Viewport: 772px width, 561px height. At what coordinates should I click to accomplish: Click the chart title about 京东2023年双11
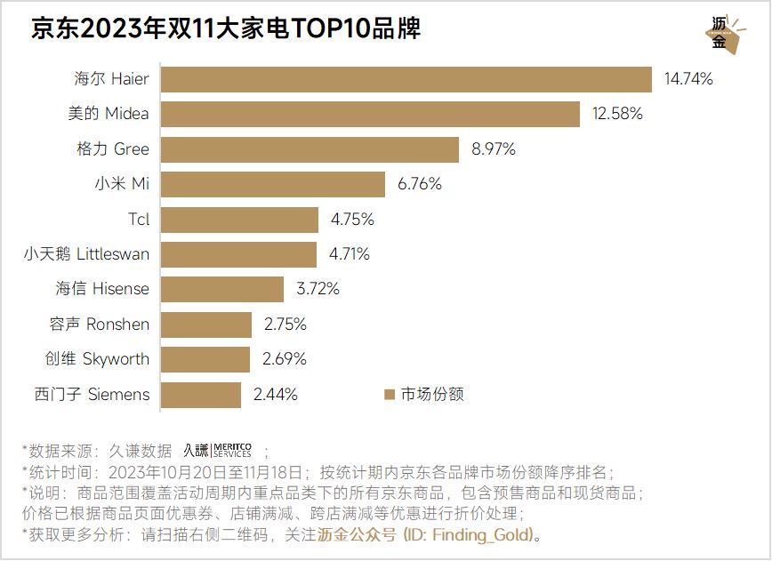pos(226,28)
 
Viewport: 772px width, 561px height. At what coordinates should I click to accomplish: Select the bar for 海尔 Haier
pos(406,79)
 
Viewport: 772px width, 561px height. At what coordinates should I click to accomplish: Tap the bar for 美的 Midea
pos(371,114)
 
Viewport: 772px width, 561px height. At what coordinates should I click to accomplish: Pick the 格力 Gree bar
pos(310,149)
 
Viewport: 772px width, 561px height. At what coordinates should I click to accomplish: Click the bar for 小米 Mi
pos(273,184)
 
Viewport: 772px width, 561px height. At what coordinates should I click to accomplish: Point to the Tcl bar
pos(239,220)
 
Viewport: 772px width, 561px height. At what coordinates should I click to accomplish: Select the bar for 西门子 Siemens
pos(201,394)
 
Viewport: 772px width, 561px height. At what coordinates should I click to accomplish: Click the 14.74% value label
pos(688,79)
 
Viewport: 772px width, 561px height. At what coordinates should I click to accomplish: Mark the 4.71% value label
pos(350,254)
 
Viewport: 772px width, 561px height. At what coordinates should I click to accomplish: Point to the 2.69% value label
pos(285,359)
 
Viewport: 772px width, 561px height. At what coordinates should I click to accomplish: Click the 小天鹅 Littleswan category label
pos(86,254)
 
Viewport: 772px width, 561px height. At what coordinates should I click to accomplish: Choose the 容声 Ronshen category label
pos(100,325)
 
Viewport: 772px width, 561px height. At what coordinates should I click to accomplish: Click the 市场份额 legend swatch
pos(389,395)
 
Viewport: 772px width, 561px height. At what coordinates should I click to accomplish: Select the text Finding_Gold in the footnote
pos(486,534)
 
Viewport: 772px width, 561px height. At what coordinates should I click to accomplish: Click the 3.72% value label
pos(317,289)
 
